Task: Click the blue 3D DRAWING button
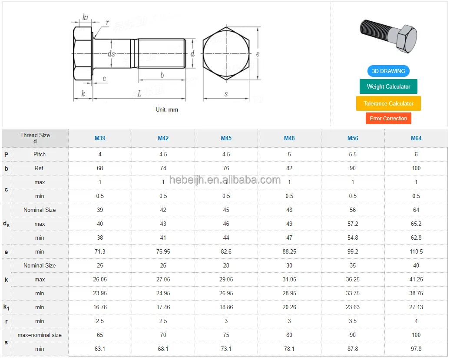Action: click(x=388, y=71)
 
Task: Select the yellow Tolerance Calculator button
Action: click(x=388, y=103)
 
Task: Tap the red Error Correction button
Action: click(x=388, y=118)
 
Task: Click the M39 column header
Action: click(x=100, y=139)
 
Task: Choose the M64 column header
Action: click(x=416, y=139)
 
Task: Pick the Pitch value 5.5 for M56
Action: click(x=353, y=154)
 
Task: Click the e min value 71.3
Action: click(x=100, y=251)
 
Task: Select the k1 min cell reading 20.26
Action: click(x=289, y=307)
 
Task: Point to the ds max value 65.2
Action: click(x=416, y=224)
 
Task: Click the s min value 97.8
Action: click(x=416, y=349)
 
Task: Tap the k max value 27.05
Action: click(x=163, y=279)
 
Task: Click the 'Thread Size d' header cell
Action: click(x=35, y=138)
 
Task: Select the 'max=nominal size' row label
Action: click(x=40, y=335)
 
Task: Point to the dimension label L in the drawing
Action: click(x=139, y=94)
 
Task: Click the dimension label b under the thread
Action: click(x=162, y=75)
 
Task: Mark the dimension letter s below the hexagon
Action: click(x=226, y=94)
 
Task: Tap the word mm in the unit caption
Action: click(x=173, y=110)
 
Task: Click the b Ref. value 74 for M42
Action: click(x=163, y=168)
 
